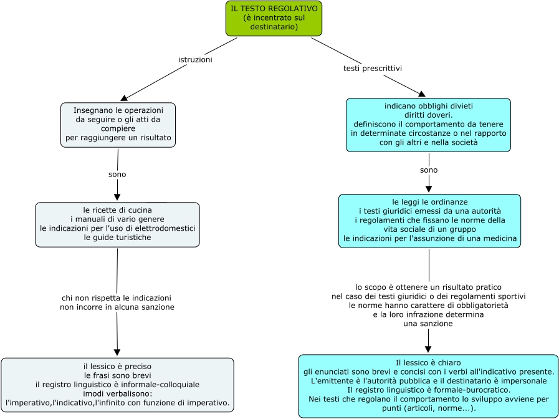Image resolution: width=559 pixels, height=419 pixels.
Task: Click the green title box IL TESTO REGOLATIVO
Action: (274, 17)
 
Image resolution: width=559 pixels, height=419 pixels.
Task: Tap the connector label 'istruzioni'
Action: (195, 60)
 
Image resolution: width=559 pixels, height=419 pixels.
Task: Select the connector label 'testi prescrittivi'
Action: (373, 68)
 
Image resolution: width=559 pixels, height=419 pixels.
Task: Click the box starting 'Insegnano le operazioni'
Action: (118, 125)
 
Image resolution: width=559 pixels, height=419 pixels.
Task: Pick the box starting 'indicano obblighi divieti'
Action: (428, 125)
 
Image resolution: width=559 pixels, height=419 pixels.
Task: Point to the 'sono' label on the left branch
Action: (117, 175)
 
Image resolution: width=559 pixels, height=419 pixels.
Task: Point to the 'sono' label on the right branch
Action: (429, 170)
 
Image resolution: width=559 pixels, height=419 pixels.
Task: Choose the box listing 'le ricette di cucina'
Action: (117, 224)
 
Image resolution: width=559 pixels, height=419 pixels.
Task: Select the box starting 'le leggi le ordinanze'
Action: (429, 221)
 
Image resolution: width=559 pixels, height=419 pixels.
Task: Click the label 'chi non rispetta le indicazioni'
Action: (117, 298)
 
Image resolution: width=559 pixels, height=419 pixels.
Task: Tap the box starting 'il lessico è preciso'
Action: (117, 385)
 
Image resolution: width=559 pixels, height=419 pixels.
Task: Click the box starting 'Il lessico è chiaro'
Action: (428, 385)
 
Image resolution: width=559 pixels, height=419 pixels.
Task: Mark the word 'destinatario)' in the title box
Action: (274, 27)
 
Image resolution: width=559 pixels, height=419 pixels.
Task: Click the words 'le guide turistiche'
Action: (117, 238)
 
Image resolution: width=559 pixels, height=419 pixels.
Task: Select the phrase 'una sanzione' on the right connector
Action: (428, 324)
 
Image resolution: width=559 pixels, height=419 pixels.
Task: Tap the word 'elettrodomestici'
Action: (166, 228)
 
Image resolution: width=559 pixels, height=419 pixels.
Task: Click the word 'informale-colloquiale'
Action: (159, 384)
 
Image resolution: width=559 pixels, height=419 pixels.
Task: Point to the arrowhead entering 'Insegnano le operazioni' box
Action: (124, 98)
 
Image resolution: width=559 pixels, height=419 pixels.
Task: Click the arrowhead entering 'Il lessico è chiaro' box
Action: (429, 350)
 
